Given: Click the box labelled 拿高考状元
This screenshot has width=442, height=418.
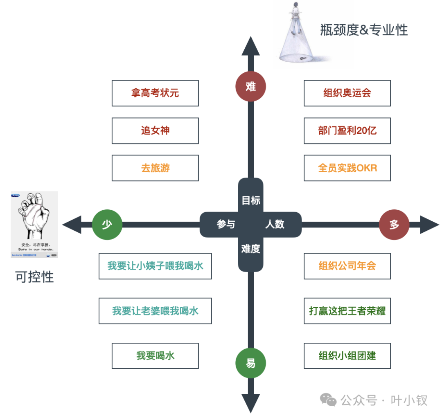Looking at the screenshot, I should (x=155, y=93).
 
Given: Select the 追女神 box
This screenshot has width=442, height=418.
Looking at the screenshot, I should (x=155, y=131).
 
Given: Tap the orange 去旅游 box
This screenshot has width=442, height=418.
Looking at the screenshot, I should (x=155, y=168).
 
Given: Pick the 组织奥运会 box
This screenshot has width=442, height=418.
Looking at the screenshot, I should (x=347, y=93).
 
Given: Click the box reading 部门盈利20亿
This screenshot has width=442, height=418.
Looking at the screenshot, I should (x=347, y=131).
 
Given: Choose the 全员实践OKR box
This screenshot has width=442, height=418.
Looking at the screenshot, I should (x=347, y=168).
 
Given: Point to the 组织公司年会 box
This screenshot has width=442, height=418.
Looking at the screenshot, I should (x=347, y=266).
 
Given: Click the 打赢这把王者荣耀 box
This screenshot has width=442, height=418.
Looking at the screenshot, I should (x=347, y=311).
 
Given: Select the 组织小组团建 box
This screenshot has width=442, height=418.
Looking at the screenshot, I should (x=347, y=356).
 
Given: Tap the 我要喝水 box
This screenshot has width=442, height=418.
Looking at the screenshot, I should (x=155, y=356).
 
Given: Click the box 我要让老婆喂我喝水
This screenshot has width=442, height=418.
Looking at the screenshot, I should (x=155, y=311).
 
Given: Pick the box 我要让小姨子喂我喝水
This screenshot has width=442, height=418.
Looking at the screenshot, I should (x=155, y=266).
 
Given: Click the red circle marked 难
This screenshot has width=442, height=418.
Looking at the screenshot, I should (x=251, y=87).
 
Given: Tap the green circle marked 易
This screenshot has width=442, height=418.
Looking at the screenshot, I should (x=251, y=363).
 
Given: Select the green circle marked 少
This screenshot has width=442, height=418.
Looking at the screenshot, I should (x=107, y=225).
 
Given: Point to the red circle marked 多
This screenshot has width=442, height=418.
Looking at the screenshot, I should (x=394, y=225).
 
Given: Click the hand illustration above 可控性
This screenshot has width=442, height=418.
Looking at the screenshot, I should (x=34, y=224).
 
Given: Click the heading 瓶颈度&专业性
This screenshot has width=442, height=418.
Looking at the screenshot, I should (x=364, y=30).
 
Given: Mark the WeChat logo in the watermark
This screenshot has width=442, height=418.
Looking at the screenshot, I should (x=329, y=400).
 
